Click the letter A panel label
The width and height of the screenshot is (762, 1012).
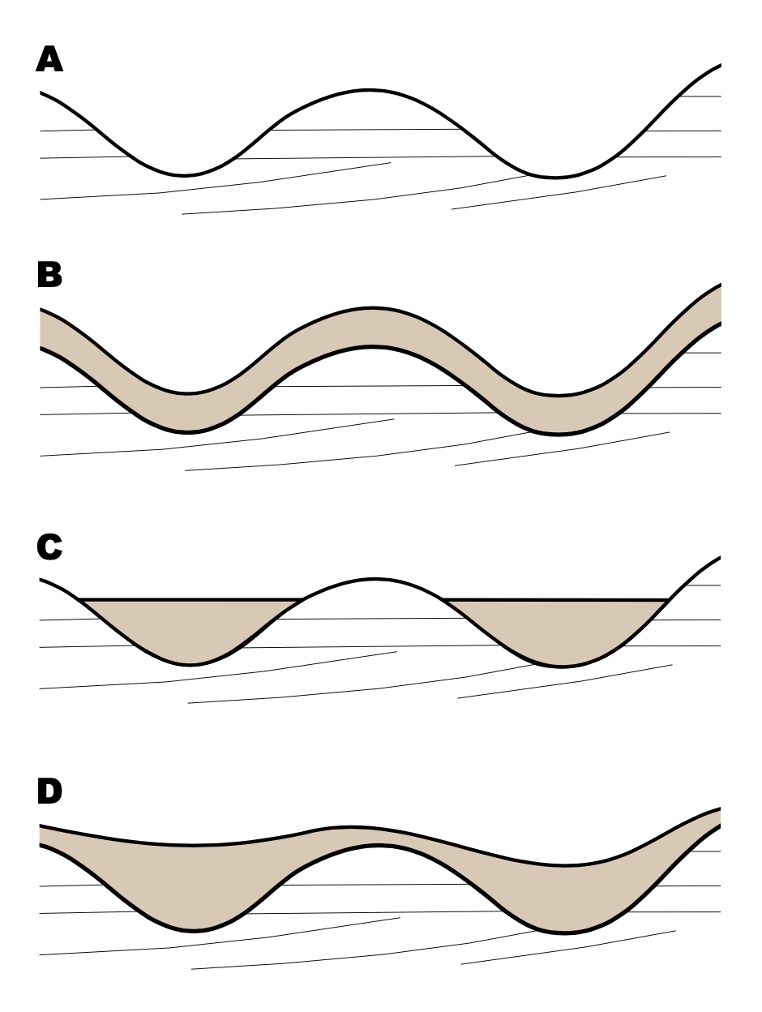tap(49, 61)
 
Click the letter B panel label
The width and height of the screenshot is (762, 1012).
tap(49, 276)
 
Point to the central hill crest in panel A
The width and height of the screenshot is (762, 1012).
tap(370, 89)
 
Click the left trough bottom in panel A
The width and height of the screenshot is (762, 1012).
tap(185, 174)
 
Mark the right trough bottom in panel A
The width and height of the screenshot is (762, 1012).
tap(554, 177)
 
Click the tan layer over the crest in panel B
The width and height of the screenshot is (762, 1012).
tap(373, 328)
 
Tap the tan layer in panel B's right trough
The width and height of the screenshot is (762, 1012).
tap(558, 415)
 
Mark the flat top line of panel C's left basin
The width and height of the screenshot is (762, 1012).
tap(190, 599)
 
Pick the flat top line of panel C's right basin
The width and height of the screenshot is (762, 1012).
tap(556, 599)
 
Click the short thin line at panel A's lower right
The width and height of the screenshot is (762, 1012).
tap(559, 193)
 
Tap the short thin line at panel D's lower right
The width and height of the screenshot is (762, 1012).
tap(567, 947)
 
